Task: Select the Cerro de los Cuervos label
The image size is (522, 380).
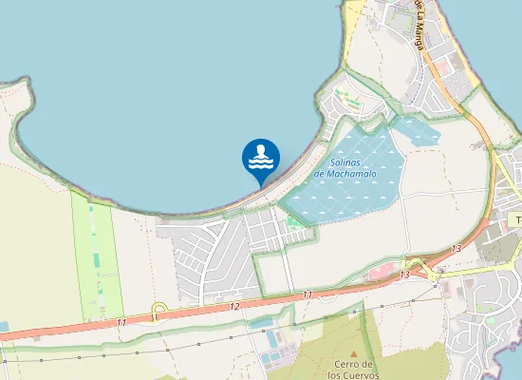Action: [x=353, y=370]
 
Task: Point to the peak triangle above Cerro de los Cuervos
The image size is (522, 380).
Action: [x=353, y=350]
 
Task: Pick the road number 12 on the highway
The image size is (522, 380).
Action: [x=234, y=306]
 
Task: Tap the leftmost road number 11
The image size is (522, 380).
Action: [x=121, y=323]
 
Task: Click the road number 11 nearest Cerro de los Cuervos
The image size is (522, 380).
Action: [x=308, y=295]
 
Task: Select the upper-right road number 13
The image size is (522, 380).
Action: [x=457, y=249]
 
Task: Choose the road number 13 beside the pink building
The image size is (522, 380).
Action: [x=404, y=275]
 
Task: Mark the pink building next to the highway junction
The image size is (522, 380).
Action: [x=378, y=274]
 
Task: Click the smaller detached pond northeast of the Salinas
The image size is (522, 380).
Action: [x=418, y=130]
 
